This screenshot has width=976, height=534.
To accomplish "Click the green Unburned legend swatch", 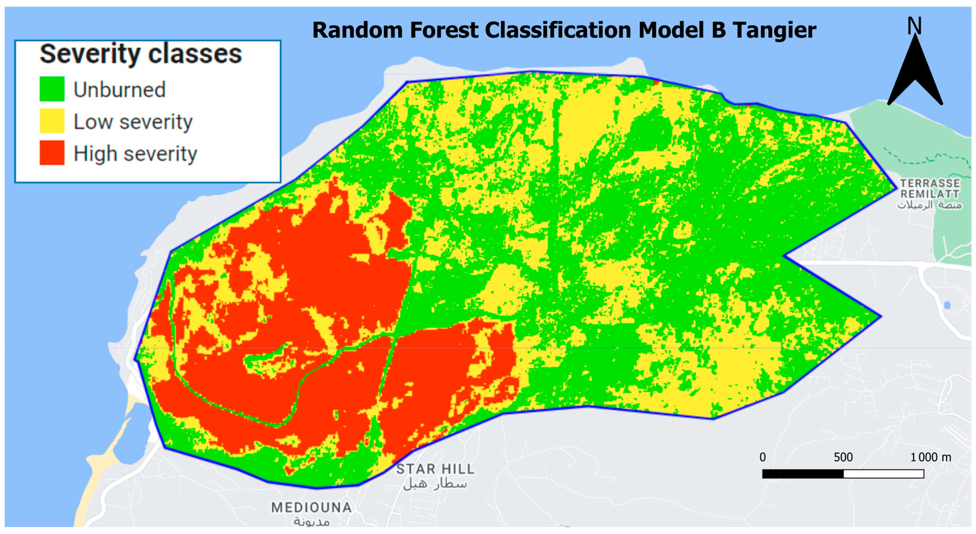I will tap(52, 89).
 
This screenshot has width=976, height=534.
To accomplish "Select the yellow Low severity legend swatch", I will tap(52, 121).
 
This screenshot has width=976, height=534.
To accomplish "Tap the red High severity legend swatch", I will tap(52, 153).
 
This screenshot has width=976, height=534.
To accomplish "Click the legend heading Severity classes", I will tap(141, 54).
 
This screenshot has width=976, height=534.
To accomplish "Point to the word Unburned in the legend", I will tap(119, 90).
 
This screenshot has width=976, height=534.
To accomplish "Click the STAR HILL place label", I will tap(435, 469).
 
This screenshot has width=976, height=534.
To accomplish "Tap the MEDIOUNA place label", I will tap(312, 507).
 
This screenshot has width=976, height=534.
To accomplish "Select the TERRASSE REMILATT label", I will tap(929, 189).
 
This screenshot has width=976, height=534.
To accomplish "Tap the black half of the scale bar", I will tap(803, 474).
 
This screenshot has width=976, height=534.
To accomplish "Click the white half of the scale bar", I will tap(884, 474).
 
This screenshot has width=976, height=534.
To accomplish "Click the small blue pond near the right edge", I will tap(947, 305).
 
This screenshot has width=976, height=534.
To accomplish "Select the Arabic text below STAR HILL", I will tap(435, 484).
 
